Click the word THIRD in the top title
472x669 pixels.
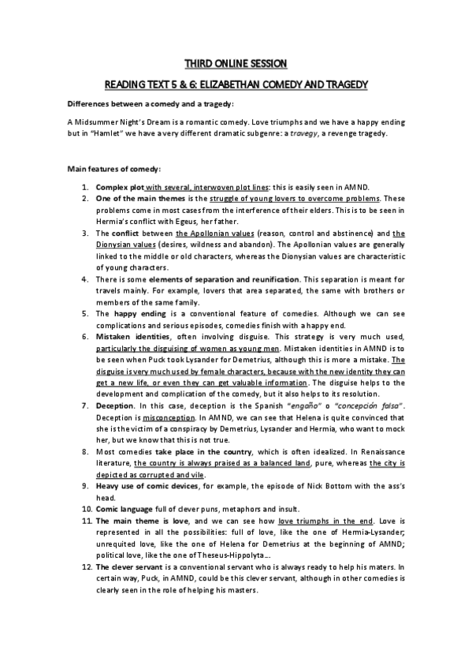click(x=198, y=62)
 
